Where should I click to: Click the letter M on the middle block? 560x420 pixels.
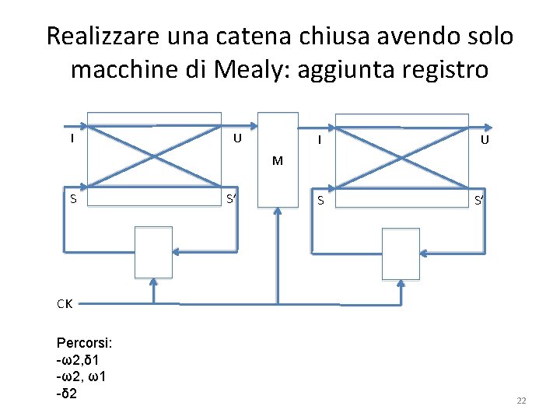(277, 162)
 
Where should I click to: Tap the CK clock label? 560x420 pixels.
(65, 303)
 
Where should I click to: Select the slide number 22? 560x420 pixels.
(521, 400)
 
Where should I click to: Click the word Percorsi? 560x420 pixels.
(84, 342)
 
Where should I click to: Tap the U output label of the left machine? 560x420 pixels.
(239, 139)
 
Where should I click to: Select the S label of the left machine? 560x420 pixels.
(72, 198)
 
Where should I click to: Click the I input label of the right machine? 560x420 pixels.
(320, 141)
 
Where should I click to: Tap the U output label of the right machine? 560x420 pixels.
(485, 141)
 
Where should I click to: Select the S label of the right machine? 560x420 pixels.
(320, 201)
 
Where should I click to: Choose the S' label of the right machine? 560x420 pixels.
(480, 201)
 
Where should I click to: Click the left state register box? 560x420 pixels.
(153, 252)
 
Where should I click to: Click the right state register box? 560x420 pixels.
(402, 252)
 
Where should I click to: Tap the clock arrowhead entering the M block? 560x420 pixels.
(277, 213)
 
